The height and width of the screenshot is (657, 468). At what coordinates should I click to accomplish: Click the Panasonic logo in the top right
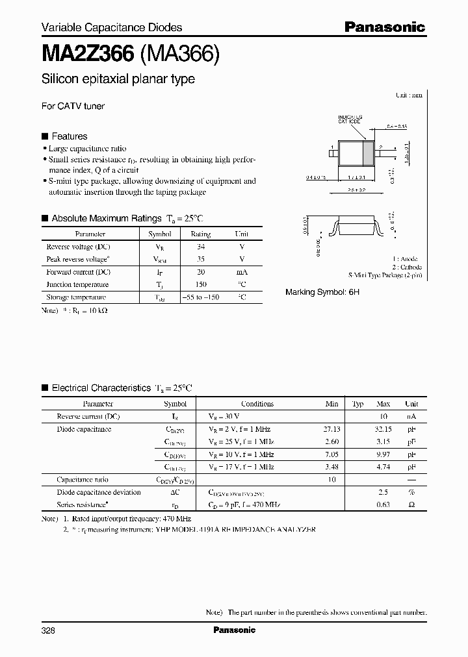pyautogui.click(x=384, y=27)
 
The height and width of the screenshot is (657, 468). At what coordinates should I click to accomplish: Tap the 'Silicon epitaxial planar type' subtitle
pyautogui.click(x=118, y=80)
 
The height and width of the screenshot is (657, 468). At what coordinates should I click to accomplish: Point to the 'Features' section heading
pyautogui.click(x=69, y=136)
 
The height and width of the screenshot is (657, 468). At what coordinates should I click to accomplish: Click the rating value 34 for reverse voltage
pyautogui.click(x=200, y=247)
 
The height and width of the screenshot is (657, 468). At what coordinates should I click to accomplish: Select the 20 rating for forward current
pyautogui.click(x=200, y=272)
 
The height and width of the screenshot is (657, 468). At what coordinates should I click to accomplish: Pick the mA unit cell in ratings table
pyautogui.click(x=241, y=272)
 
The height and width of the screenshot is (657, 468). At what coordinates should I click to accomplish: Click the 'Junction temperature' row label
pyautogui.click(x=77, y=284)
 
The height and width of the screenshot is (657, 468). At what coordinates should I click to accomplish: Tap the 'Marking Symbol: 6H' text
pyautogui.click(x=322, y=293)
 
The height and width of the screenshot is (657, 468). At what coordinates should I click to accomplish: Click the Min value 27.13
pyautogui.click(x=331, y=429)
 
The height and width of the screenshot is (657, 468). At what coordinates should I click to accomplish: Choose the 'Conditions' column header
pyautogui.click(x=257, y=404)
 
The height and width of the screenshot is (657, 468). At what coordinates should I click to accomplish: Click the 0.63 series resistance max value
pyautogui.click(x=383, y=504)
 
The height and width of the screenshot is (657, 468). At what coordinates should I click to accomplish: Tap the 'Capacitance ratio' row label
pyautogui.click(x=83, y=480)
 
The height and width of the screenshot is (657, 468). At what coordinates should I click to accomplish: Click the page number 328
pyautogui.click(x=49, y=630)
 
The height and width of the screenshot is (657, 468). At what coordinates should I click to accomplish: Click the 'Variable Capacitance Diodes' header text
pyautogui.click(x=112, y=27)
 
